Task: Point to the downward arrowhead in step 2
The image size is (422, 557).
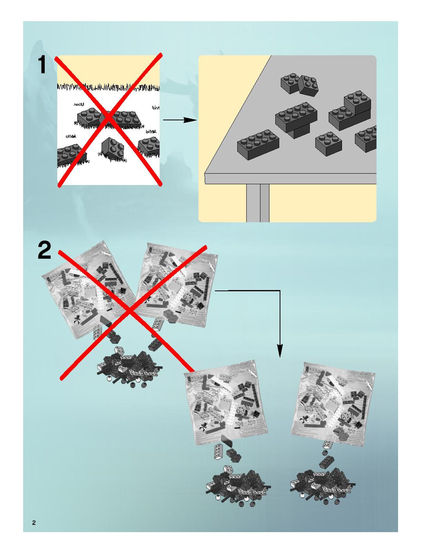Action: (280, 350)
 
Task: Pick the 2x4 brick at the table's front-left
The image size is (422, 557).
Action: (258, 144)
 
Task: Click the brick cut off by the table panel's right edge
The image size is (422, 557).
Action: (366, 139)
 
